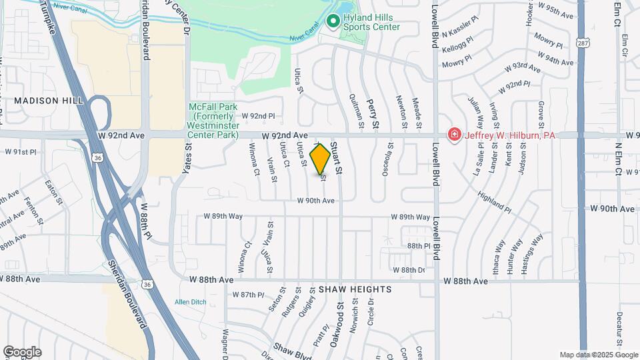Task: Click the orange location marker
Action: pyautogui.click(x=321, y=159)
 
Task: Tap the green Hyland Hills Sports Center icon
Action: pyautogui.click(x=333, y=22)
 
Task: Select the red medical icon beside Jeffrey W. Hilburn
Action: pyautogui.click(x=455, y=135)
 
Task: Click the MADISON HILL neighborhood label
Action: pyautogui.click(x=49, y=100)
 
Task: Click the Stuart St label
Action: pyautogui.click(x=337, y=159)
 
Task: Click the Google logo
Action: pyautogui.click(x=21, y=352)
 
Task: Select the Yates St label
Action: pyautogui.click(x=187, y=161)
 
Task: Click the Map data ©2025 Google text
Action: pyautogui.click(x=598, y=355)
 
